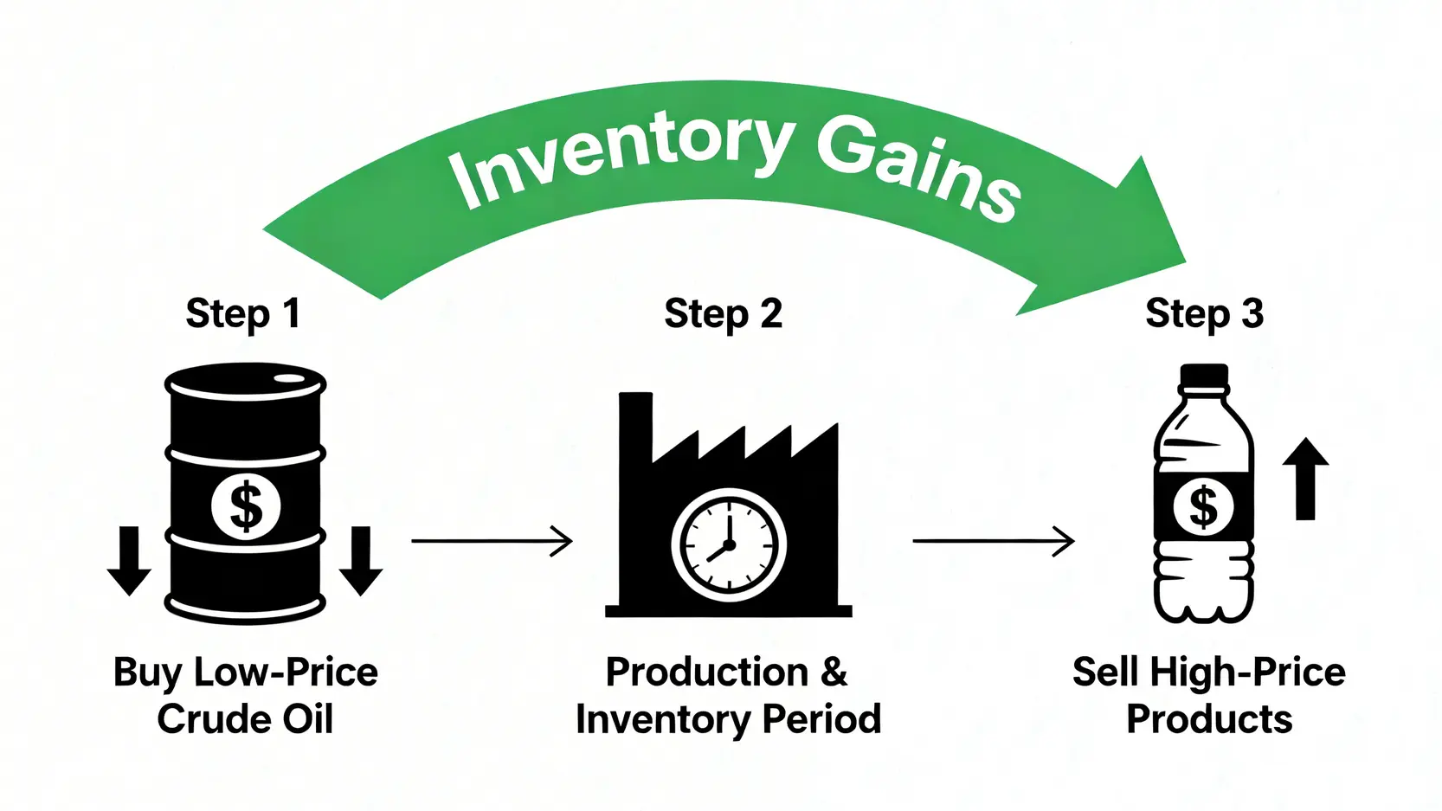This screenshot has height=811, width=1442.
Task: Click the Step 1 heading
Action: (x=243, y=313)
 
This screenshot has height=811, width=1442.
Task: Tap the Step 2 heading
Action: (x=723, y=313)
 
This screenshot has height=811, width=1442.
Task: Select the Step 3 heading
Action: (x=1204, y=313)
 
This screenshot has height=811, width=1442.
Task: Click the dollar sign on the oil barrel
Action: (x=247, y=506)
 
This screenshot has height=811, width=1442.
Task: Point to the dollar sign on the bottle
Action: (x=1203, y=506)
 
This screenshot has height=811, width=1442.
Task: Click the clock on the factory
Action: (x=729, y=545)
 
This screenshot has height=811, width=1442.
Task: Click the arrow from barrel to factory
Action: (x=491, y=541)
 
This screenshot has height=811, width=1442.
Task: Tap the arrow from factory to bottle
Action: (x=993, y=541)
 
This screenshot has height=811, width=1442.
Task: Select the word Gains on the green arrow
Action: (x=917, y=169)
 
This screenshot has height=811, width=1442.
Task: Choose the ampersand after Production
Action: (x=834, y=673)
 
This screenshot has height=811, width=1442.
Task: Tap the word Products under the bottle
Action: (x=1209, y=719)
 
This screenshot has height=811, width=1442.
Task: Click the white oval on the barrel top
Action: (x=289, y=378)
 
